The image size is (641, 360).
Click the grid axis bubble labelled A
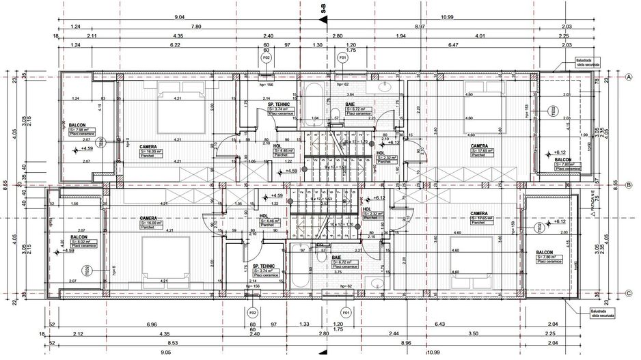(627, 77)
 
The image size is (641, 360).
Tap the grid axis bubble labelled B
(627, 184)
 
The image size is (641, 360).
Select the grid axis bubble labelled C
(627, 294)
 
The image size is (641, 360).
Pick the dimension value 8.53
(176, 343)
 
